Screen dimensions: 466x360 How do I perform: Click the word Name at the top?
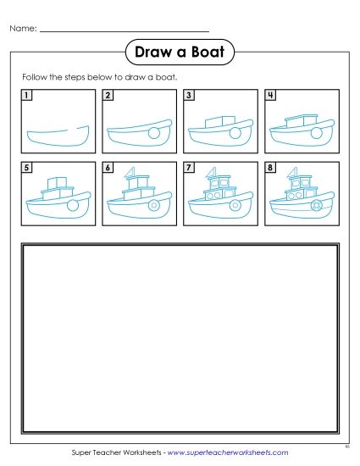coord(22,29)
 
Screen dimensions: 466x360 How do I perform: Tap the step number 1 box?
coord(28,96)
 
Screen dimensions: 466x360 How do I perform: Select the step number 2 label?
coord(108,96)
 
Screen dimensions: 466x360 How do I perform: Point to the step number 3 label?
coord(189,96)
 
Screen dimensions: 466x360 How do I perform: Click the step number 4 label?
coord(270,96)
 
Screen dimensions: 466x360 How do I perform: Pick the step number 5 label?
coord(28,169)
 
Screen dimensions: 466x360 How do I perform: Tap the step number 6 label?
coord(108,169)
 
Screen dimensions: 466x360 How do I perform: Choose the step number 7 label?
coord(189,169)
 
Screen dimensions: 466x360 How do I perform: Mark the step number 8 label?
coord(270,169)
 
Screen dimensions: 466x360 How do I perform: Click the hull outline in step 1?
coord(57,136)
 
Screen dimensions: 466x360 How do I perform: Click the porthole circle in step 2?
coord(153,133)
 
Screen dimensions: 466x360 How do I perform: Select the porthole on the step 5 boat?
coord(74,206)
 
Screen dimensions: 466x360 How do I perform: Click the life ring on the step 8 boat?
coord(315,205)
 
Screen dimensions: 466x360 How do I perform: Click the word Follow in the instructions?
coord(35,76)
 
